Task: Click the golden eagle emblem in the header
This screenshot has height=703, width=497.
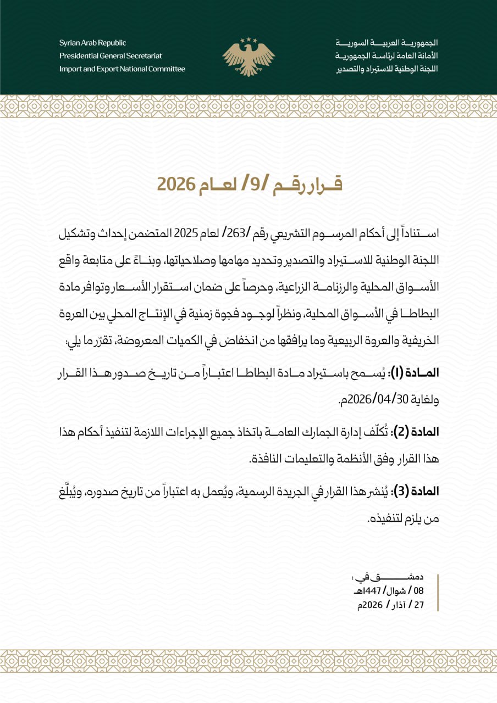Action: point(248,57)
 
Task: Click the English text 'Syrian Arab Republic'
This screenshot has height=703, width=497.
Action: point(93,43)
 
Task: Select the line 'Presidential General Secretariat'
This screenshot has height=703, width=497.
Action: point(111,56)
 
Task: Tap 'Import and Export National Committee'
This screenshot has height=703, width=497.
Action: point(122,69)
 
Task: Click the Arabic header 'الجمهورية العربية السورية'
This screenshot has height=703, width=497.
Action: point(386,43)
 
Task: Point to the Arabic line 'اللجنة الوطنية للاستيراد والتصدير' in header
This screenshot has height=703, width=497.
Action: point(386,69)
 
